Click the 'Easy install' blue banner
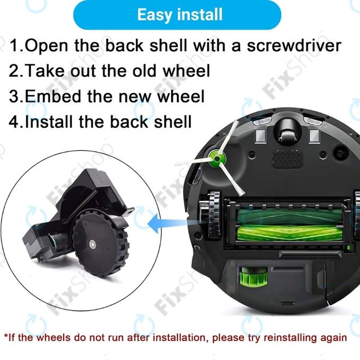pyautogui.click(x=179, y=14)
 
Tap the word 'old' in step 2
pyautogui.click(x=155, y=70)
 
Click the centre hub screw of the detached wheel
pyautogui.click(x=93, y=244)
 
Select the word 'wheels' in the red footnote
pyautogui.click(x=52, y=337)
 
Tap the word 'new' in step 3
pyautogui.click(x=137, y=96)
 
